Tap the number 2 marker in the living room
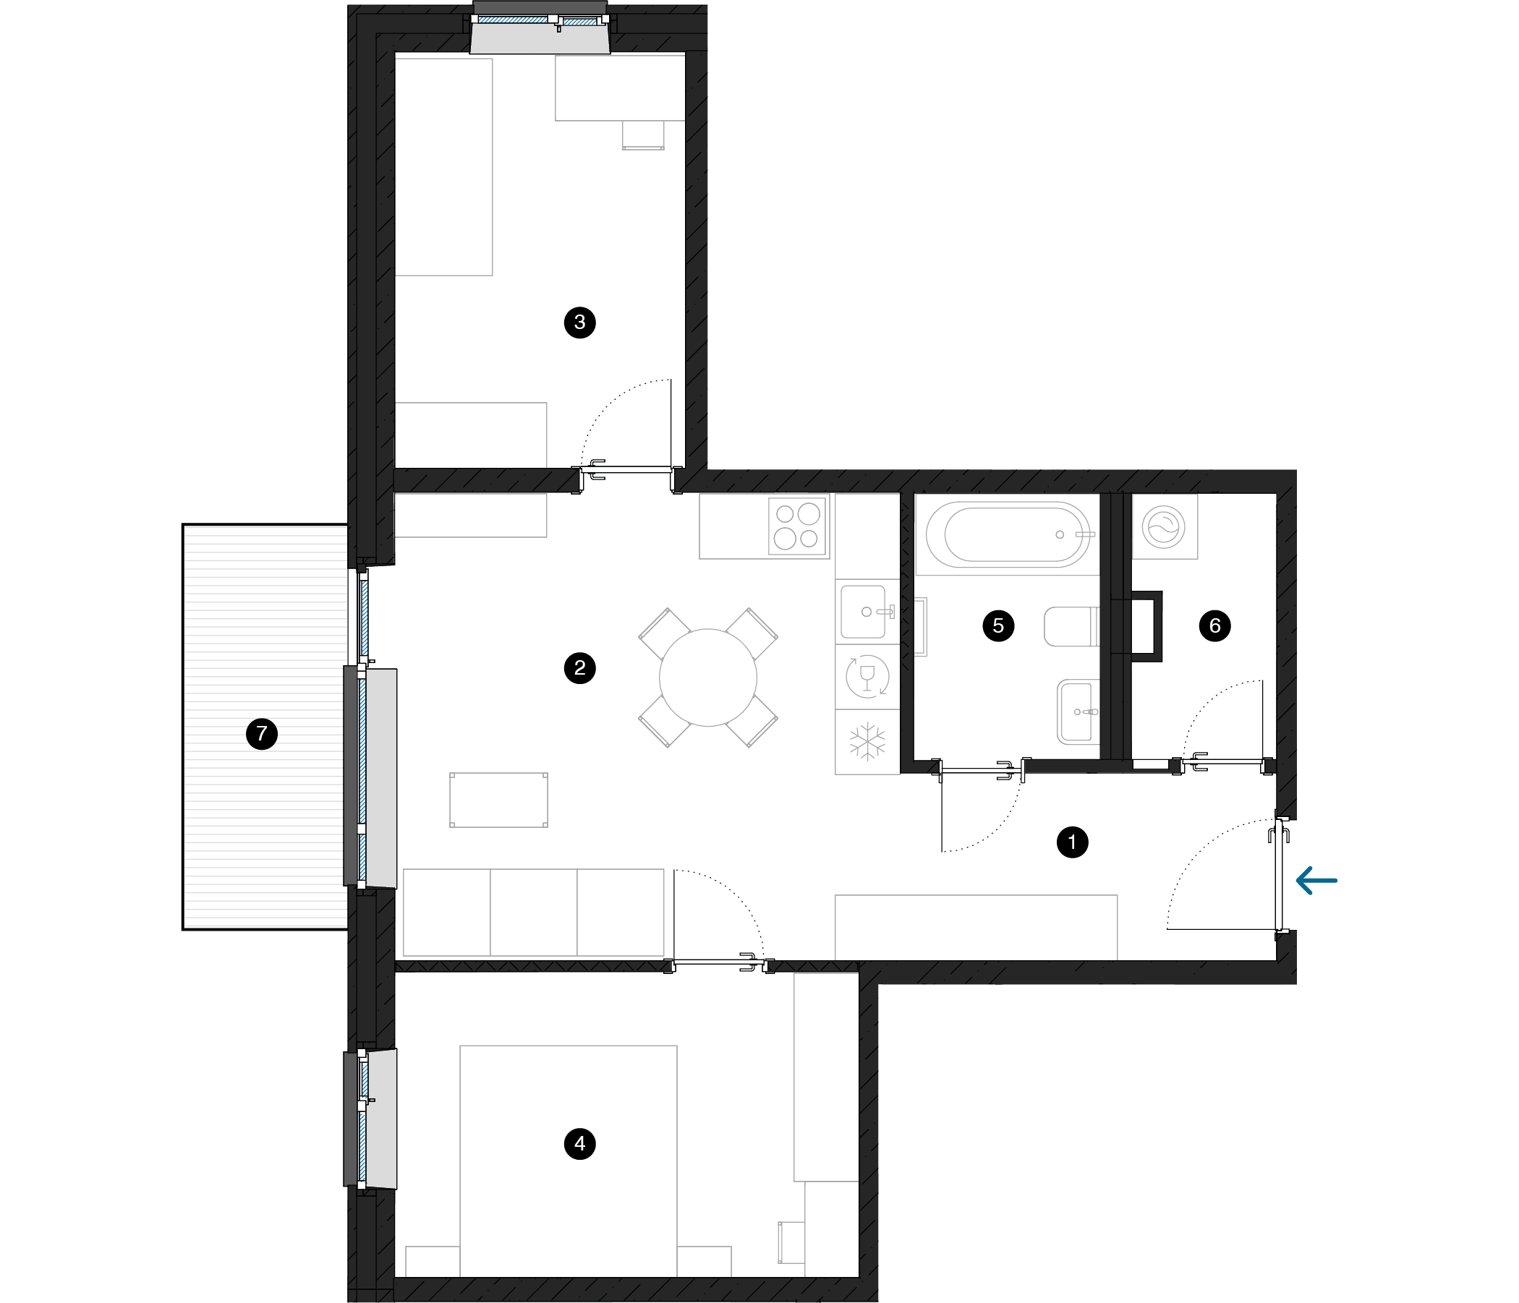coord(580,667)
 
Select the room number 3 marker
coord(580,322)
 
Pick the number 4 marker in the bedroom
coord(580,1143)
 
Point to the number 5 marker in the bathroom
coord(997,625)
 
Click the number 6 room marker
coord(1214,625)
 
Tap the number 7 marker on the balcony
coord(262,734)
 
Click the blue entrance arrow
coord(1316,880)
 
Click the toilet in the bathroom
coord(1072,626)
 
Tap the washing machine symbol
coord(1164,527)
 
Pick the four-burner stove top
coord(798,526)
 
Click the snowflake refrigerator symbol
coord(867,742)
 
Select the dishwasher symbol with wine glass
coord(867,675)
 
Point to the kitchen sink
coord(866,612)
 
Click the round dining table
coord(707,678)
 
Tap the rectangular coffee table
coord(498,800)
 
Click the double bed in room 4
coord(568,1161)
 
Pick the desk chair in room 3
coord(643,135)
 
